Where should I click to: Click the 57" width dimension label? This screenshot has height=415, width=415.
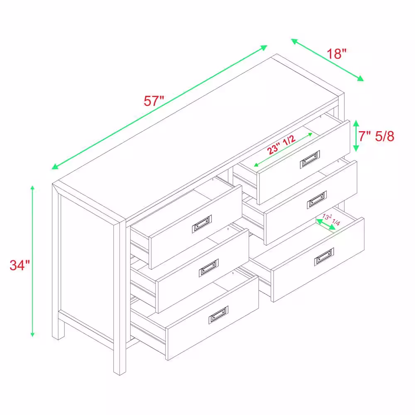point(154,101)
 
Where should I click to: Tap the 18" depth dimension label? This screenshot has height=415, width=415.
point(337,54)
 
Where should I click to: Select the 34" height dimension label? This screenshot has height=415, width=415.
point(20,265)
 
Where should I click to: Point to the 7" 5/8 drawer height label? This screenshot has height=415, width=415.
point(376,136)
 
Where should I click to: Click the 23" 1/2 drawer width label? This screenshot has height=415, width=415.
point(281,144)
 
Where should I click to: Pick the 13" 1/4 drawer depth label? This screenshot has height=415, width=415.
point(331,220)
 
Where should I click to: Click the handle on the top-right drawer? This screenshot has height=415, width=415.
point(310,159)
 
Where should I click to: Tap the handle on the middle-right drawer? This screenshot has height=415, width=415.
point(317,200)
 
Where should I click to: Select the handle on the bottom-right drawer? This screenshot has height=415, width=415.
point(324,257)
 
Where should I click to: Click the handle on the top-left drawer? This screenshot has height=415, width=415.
point(202,224)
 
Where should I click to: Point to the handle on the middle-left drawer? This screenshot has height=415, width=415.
point(209,268)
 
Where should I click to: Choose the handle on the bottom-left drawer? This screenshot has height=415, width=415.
point(218,315)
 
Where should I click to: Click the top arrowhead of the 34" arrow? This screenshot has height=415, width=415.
point(32,188)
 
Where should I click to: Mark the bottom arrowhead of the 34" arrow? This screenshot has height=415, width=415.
point(32,334)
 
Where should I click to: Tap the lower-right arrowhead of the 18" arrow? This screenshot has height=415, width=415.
point(361,78)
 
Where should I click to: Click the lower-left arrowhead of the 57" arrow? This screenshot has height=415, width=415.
point(55,166)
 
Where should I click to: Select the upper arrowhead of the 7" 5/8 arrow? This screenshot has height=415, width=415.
point(356,123)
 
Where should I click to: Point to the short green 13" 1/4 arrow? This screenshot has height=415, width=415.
point(326,225)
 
